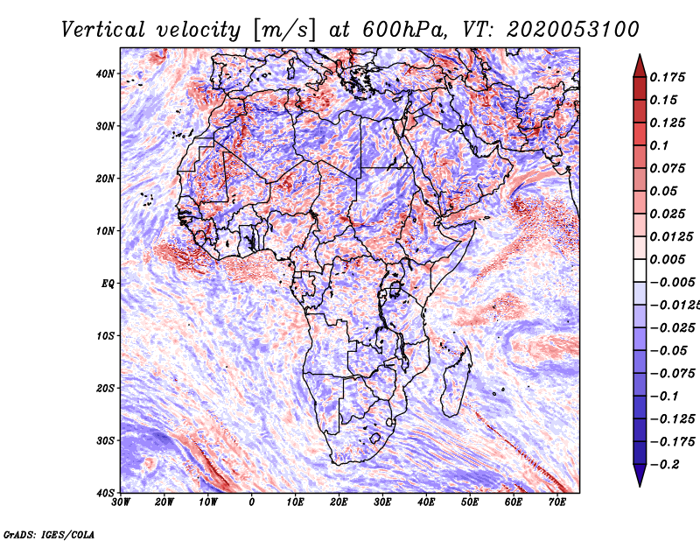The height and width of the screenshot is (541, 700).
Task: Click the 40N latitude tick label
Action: coord(105,74)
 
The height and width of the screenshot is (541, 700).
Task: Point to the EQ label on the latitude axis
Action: coord(108,284)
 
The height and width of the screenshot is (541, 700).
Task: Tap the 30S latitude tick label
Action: coord(105,440)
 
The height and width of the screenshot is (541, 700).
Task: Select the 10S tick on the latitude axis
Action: coord(105,335)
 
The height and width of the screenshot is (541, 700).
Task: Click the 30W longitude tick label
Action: coord(121,502)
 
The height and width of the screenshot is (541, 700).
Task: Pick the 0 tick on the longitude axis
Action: coord(252,502)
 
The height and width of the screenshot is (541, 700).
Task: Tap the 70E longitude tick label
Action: coord(557,502)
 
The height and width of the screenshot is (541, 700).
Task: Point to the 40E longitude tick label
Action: coord(426,502)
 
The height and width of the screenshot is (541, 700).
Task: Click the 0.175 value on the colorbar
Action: coord(667,77)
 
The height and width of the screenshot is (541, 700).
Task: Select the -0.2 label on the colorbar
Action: coord(664,465)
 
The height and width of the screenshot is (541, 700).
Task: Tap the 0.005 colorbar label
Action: coord(667,259)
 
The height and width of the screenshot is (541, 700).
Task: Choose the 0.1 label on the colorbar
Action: coord(659,145)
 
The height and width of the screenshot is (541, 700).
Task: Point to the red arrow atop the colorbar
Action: coord(640,66)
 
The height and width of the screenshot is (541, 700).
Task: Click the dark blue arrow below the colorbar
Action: coord(640,475)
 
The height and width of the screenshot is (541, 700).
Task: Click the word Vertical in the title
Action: coord(102,30)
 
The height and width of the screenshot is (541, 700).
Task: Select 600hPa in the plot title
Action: coord(404,30)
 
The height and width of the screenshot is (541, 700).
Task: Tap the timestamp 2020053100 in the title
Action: coord(573,30)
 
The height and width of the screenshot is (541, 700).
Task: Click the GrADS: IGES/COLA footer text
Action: coord(49,535)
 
